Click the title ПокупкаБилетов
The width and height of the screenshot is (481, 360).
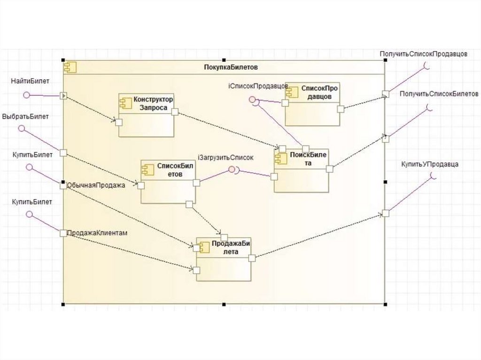231,67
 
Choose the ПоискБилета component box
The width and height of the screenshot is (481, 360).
302,170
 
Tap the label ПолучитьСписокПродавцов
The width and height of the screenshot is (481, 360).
423,54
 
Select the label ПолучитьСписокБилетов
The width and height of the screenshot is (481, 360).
439,94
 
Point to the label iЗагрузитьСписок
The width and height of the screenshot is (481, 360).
225,158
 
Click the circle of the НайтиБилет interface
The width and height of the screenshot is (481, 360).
27,95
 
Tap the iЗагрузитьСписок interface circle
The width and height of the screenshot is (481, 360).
231,170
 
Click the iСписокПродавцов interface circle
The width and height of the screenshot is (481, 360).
252,100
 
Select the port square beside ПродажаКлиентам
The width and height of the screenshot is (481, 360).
63,233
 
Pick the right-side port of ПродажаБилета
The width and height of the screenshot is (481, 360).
252,257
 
